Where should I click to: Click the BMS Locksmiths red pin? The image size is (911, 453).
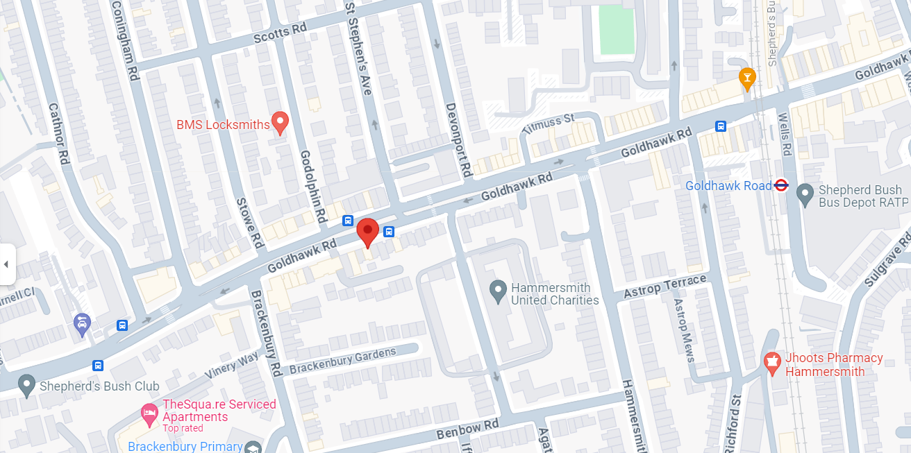pyautogui.click(x=280, y=123)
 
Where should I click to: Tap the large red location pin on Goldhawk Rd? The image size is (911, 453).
pyautogui.click(x=367, y=232)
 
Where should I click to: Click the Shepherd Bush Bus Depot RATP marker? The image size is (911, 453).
pyautogui.click(x=805, y=195)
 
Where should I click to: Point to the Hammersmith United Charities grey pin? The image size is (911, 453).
pyautogui.click(x=497, y=291)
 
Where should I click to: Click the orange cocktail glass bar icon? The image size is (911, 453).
pyautogui.click(x=747, y=78)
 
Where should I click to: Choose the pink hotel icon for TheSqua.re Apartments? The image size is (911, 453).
pyautogui.click(x=149, y=414)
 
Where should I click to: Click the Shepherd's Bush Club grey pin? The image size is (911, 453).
pyautogui.click(x=27, y=385)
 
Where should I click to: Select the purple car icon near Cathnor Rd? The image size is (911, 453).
pyautogui.click(x=82, y=323)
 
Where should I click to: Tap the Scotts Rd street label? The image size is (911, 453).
pyautogui.click(x=280, y=33)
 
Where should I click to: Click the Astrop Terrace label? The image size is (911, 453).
pyautogui.click(x=665, y=286)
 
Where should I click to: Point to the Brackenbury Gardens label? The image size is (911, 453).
pyautogui.click(x=343, y=361)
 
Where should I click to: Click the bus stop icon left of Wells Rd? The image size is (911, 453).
pyautogui.click(x=721, y=126)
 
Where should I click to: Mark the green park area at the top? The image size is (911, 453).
pyautogui.click(x=617, y=29)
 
